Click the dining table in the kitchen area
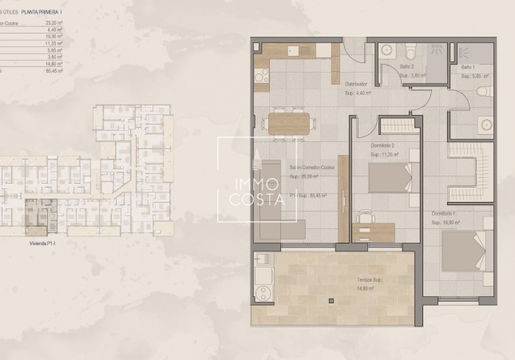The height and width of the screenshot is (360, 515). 288,122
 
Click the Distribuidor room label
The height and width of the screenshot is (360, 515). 356,84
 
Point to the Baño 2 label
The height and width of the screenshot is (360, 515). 406,67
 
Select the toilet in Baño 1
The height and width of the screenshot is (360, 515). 484,92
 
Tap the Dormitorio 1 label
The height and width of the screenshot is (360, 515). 444,213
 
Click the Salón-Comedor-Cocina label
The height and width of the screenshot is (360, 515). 305,168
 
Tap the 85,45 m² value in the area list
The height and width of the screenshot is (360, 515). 53,71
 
